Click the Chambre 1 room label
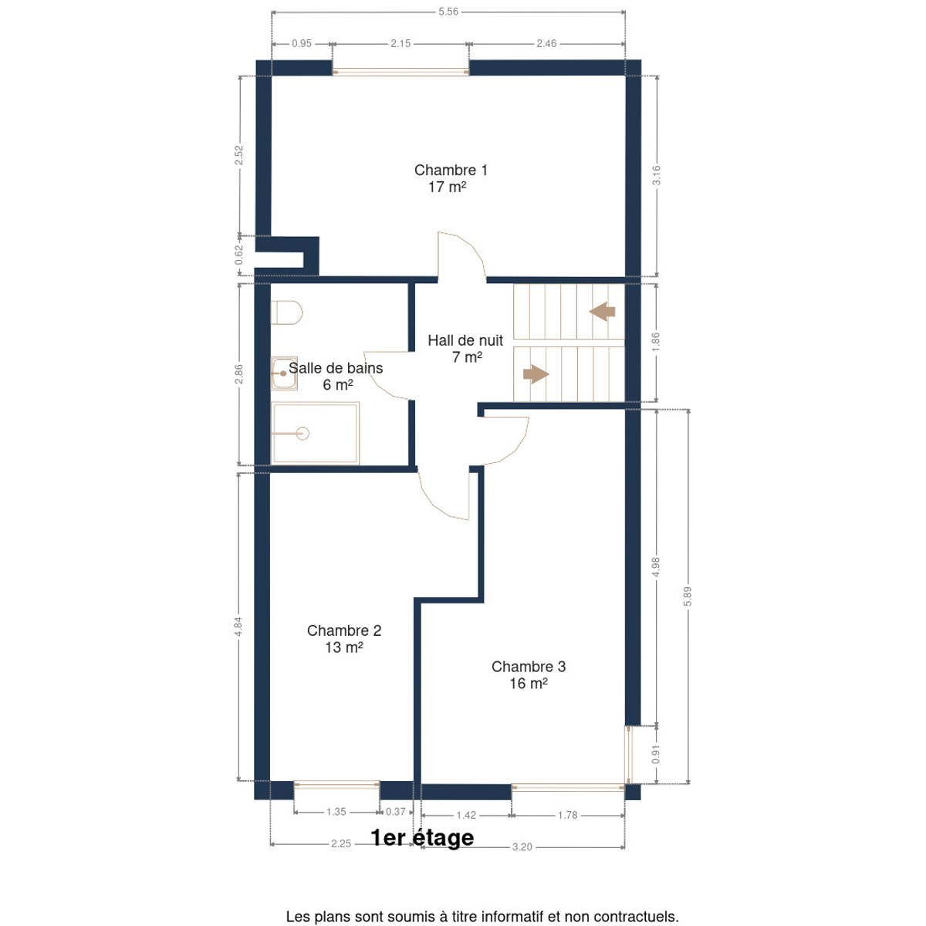click(x=450, y=178)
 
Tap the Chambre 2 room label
click(x=344, y=639)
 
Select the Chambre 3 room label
click(x=528, y=674)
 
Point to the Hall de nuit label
click(x=465, y=348)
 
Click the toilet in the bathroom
click(x=286, y=313)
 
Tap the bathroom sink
click(x=284, y=373)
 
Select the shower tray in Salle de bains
click(x=316, y=433)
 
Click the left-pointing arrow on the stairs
click(x=602, y=312)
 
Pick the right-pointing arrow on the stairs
click(x=536, y=373)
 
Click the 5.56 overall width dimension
click(x=448, y=12)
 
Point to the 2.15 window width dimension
click(x=400, y=44)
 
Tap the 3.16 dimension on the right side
click(x=657, y=175)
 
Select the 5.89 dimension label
click(x=688, y=596)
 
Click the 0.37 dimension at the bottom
click(x=396, y=812)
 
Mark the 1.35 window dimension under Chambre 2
click(x=336, y=812)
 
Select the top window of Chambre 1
click(x=400, y=72)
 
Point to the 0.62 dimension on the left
click(x=238, y=255)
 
